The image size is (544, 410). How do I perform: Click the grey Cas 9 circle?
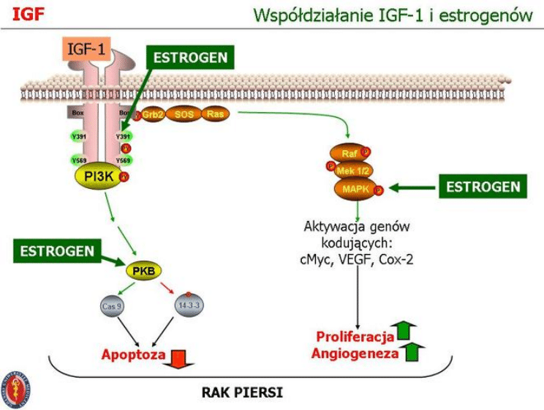[x=112, y=305]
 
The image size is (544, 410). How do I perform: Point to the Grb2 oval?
[x=151, y=115]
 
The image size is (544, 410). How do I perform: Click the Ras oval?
[x=214, y=115]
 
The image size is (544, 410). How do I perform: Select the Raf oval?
[x=350, y=154]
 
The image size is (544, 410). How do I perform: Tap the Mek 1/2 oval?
[x=351, y=172]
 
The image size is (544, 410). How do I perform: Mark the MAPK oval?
[x=354, y=190]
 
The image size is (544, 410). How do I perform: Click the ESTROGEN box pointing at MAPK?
[x=483, y=187]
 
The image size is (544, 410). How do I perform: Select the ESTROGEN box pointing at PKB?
[x=57, y=251]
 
